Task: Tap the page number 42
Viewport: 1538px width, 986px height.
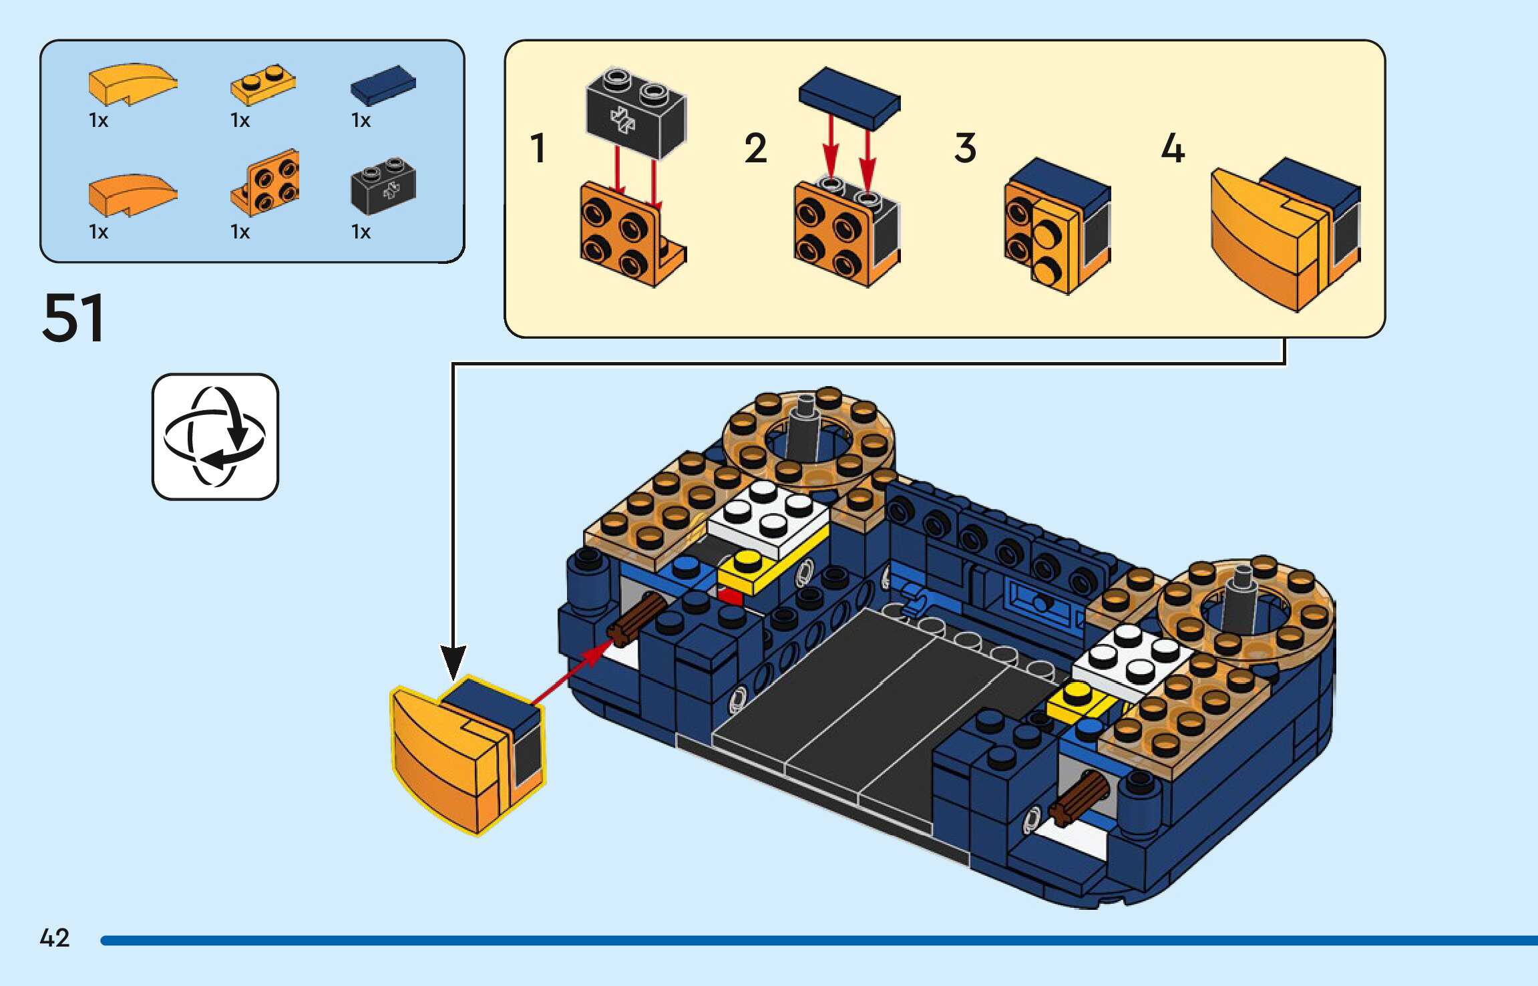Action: pyautogui.click(x=55, y=938)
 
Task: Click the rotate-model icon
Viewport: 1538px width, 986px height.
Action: pyautogui.click(x=215, y=437)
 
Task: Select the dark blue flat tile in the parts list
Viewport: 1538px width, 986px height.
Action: pyautogui.click(x=383, y=85)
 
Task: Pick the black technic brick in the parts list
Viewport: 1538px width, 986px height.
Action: pyautogui.click(x=383, y=185)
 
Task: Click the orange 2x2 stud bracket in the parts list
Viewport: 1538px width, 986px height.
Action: pyautogui.click(x=266, y=182)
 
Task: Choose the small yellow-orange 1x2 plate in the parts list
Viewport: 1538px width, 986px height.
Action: pyautogui.click(x=263, y=85)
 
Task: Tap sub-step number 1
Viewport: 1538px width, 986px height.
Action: pyautogui.click(x=538, y=148)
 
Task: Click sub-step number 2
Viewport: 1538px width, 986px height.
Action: pyautogui.click(x=756, y=148)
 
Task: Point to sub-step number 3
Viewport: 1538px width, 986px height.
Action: pyautogui.click(x=965, y=148)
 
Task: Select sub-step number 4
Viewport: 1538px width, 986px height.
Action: pyautogui.click(x=1173, y=148)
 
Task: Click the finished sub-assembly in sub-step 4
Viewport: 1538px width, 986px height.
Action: pyautogui.click(x=1284, y=234)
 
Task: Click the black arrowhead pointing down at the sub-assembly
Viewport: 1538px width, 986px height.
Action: pyautogui.click(x=453, y=661)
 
